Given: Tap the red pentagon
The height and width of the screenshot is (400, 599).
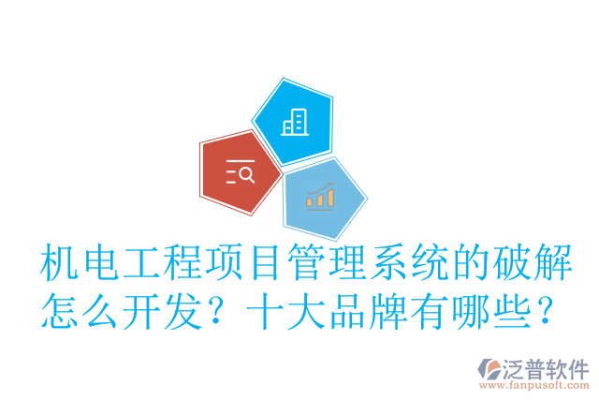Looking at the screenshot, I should point(240,172).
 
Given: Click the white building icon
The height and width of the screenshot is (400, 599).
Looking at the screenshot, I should point(294,121).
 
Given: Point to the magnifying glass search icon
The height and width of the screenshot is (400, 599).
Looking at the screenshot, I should point(241,172).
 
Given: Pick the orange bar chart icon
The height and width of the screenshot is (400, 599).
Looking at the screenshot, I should point(320,197).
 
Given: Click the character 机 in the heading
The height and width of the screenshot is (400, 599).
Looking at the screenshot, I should point(60,265).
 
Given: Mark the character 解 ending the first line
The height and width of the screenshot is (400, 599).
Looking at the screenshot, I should point(548,265).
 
